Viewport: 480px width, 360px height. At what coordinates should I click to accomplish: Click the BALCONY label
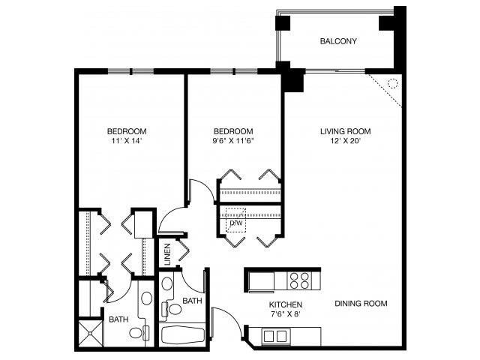point(337,40)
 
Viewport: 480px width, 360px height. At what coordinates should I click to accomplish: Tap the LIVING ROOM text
point(345,131)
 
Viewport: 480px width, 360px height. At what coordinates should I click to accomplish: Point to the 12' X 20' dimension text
point(345,141)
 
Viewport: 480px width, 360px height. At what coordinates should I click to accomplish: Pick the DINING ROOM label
point(361,304)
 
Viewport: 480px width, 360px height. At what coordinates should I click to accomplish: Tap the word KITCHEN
point(286,304)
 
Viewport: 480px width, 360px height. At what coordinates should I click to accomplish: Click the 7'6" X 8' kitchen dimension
point(286,314)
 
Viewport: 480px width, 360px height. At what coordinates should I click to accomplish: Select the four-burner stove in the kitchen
point(299,280)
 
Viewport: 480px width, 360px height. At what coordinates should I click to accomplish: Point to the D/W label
point(235,223)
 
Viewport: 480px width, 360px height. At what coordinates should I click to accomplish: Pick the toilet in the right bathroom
point(175,307)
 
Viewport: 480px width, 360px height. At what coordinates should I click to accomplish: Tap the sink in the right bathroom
point(166,285)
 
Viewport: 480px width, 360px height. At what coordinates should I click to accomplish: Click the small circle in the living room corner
point(392,83)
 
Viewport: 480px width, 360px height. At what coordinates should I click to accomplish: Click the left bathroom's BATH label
point(118,319)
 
